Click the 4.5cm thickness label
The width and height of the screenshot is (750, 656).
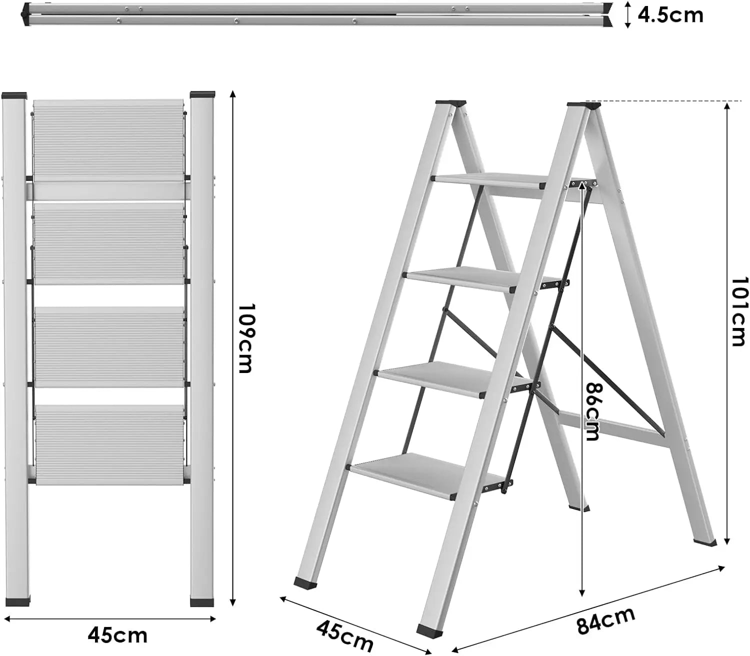670,15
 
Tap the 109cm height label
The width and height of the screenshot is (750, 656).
245,338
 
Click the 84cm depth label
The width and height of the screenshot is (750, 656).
605,620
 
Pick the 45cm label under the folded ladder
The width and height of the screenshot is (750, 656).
117,635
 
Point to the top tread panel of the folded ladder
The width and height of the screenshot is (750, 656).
108,140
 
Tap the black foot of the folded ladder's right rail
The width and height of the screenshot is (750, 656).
202,601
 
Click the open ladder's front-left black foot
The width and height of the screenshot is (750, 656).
305,582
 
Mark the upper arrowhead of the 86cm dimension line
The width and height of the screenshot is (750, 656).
582,185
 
